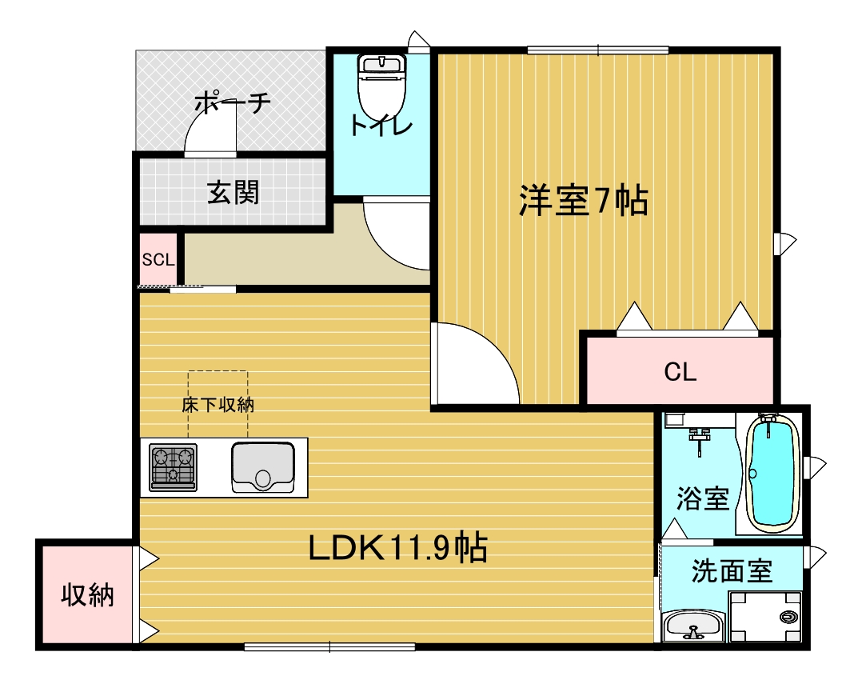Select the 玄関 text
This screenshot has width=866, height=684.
(233, 192)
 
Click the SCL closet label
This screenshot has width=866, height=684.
(158, 259)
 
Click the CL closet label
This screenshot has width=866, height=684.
(680, 371)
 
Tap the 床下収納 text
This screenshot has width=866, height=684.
(217, 405)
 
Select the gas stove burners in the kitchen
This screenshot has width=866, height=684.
(173, 466)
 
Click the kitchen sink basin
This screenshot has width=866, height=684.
(262, 467)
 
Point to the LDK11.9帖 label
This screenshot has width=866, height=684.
(398, 548)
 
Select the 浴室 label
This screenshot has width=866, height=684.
(702, 498)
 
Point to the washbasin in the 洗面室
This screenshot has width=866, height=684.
(693, 625)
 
